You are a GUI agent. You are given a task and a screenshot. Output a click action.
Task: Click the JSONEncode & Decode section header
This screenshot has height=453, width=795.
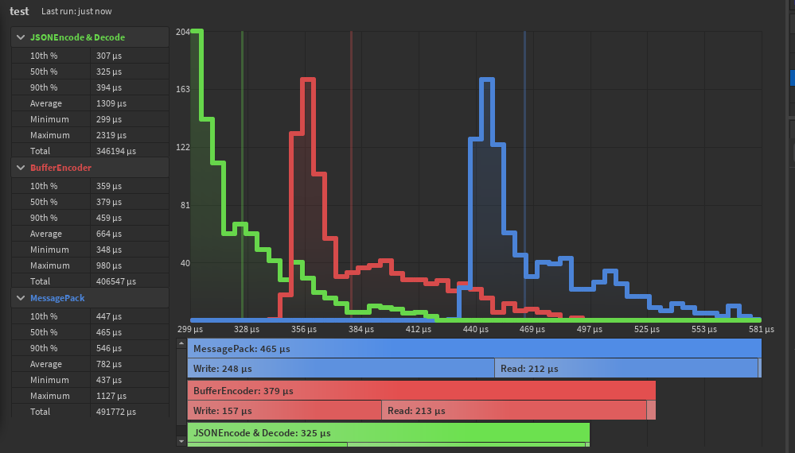pyautogui.click(x=77, y=37)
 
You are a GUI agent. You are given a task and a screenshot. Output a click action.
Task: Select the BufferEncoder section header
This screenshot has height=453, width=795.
pyautogui.click(x=60, y=168)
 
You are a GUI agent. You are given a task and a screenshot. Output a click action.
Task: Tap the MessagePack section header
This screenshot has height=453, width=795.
pyautogui.click(x=57, y=298)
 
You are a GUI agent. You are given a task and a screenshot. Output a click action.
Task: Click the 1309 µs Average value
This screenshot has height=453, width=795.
pyautogui.click(x=111, y=103)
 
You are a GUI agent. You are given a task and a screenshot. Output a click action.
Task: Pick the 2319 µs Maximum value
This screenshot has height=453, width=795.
pyautogui.click(x=111, y=135)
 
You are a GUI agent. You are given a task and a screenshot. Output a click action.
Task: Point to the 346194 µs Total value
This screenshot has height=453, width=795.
pyautogui.click(x=115, y=151)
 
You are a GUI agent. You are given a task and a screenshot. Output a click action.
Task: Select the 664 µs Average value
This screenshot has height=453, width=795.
pyautogui.click(x=108, y=234)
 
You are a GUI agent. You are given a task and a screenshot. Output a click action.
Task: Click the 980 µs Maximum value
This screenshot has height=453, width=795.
pyautogui.click(x=108, y=265)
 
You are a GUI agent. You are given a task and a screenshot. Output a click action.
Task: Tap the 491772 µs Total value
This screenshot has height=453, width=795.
pyautogui.click(x=115, y=412)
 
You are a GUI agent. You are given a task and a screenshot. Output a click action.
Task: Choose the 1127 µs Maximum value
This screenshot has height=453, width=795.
pyautogui.click(x=111, y=396)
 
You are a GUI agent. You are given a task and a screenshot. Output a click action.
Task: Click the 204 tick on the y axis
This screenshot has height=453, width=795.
pyautogui.click(x=182, y=32)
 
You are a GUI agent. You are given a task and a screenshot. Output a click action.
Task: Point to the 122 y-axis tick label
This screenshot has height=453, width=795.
pyautogui.click(x=182, y=148)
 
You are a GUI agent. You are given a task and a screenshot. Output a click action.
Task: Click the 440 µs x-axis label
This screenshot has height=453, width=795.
pyautogui.click(x=475, y=329)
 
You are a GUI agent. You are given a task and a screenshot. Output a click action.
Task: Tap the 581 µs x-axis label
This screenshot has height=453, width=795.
pyautogui.click(x=750, y=329)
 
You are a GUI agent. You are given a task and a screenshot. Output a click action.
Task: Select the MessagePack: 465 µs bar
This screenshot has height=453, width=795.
pyautogui.click(x=474, y=349)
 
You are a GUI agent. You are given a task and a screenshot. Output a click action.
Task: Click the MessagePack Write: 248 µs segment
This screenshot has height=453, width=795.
pyautogui.click(x=341, y=369)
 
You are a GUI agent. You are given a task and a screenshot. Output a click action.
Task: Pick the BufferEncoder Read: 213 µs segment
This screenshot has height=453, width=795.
pyautogui.click(x=513, y=411)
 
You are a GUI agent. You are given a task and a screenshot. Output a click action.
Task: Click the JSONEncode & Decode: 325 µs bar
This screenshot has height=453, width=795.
pyautogui.click(x=388, y=433)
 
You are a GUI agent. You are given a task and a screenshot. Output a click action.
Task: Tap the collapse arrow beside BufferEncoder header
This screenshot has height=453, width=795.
pyautogui.click(x=20, y=168)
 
